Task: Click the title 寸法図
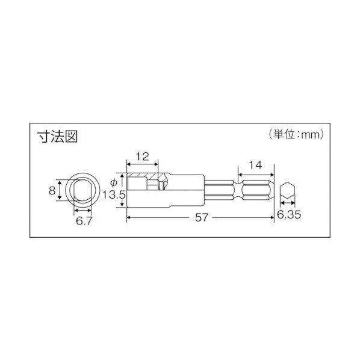pyautogui.click(x=57, y=137)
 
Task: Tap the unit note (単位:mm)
pyautogui.click(x=296, y=134)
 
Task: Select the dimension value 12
pyautogui.click(x=143, y=157)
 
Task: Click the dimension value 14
pyautogui.click(x=255, y=165)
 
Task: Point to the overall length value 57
pyautogui.click(x=202, y=217)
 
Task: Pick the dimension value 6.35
pyautogui.click(x=289, y=215)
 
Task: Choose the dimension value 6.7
pyautogui.click(x=84, y=221)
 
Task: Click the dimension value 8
pyautogui.click(x=52, y=190)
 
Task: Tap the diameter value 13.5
pyautogui.click(x=114, y=195)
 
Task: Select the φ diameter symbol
pyautogui.click(x=114, y=183)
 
